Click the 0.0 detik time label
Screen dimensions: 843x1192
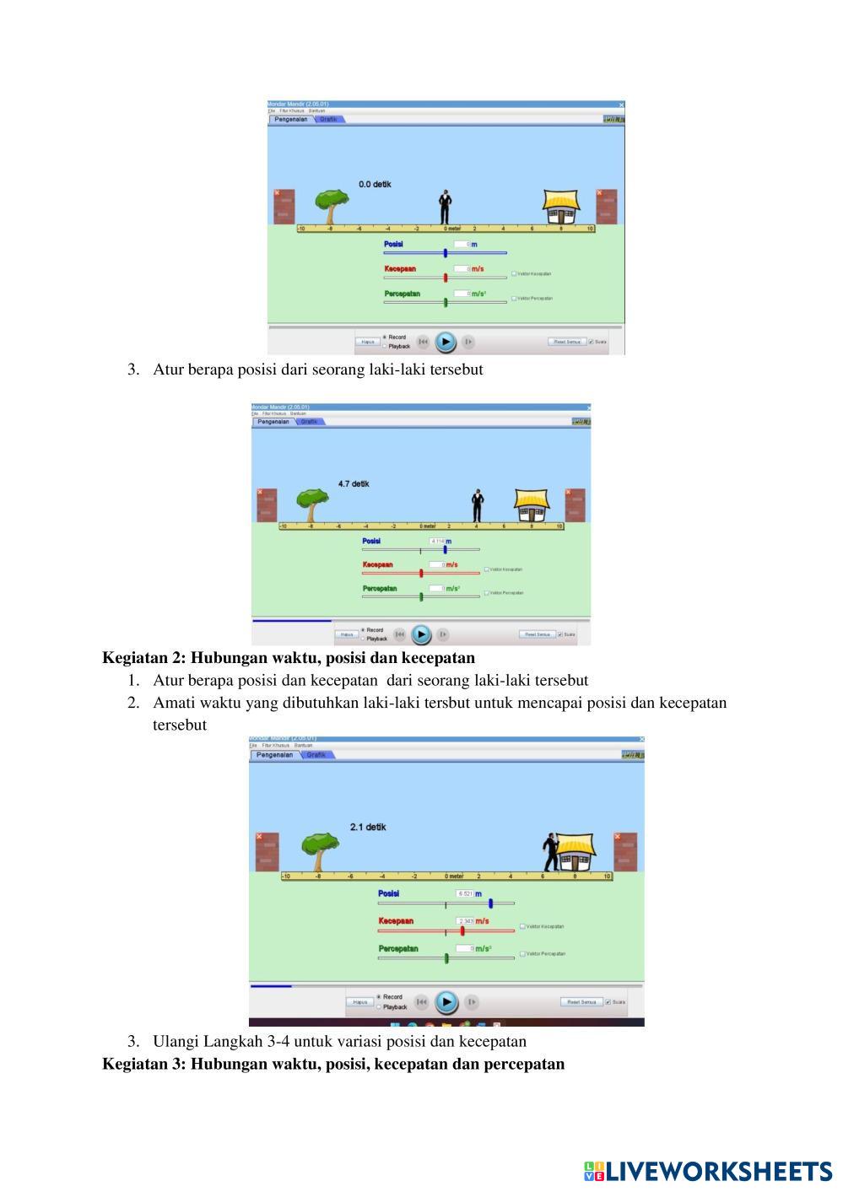click(375, 184)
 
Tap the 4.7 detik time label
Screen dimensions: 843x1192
click(354, 483)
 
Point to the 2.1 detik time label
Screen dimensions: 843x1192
click(368, 827)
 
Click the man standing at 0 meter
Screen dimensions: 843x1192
click(445, 208)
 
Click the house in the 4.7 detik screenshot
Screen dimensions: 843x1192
click(532, 504)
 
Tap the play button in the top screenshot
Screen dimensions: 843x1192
click(445, 342)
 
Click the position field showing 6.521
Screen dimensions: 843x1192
click(465, 893)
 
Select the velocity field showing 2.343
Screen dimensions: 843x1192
click(465, 921)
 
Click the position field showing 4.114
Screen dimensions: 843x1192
click(437, 541)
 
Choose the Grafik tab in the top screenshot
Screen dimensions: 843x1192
click(328, 119)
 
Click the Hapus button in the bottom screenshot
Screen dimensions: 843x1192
click(360, 1002)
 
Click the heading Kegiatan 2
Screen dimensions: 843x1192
click(288, 657)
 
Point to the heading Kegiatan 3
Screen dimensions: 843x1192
click(332, 1063)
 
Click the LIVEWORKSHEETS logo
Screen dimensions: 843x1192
click(708, 1171)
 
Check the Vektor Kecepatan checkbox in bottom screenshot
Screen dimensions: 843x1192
click(523, 926)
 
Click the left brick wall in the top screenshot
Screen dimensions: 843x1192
click(284, 206)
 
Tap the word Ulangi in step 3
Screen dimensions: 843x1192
click(176, 1041)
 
